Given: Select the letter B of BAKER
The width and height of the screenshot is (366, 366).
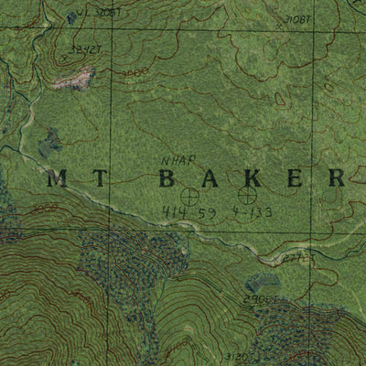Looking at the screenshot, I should pyautogui.click(x=168, y=178).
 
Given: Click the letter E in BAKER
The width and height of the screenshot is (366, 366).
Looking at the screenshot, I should pyautogui.click(x=295, y=178).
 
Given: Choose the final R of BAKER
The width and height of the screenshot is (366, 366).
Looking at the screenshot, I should pyautogui.click(x=336, y=178).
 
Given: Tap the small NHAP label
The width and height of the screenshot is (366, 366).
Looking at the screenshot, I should pyautogui.click(x=174, y=159).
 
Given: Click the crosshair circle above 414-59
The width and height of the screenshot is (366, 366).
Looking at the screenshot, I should pyautogui.click(x=190, y=195).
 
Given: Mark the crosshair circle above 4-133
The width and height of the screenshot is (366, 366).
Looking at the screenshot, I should pyautogui.click(x=246, y=194).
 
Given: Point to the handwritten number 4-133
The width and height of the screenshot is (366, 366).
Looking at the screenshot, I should pyautogui.click(x=252, y=213).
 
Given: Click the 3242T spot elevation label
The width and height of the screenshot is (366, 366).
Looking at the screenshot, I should pyautogui.click(x=86, y=49).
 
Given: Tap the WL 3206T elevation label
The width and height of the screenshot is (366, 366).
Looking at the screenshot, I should pyautogui.click(x=103, y=13).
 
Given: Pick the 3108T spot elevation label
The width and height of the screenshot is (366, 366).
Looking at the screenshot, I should pyautogui.click(x=298, y=19).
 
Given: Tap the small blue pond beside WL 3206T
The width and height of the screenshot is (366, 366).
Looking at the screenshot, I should pyautogui.click(x=71, y=16).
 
